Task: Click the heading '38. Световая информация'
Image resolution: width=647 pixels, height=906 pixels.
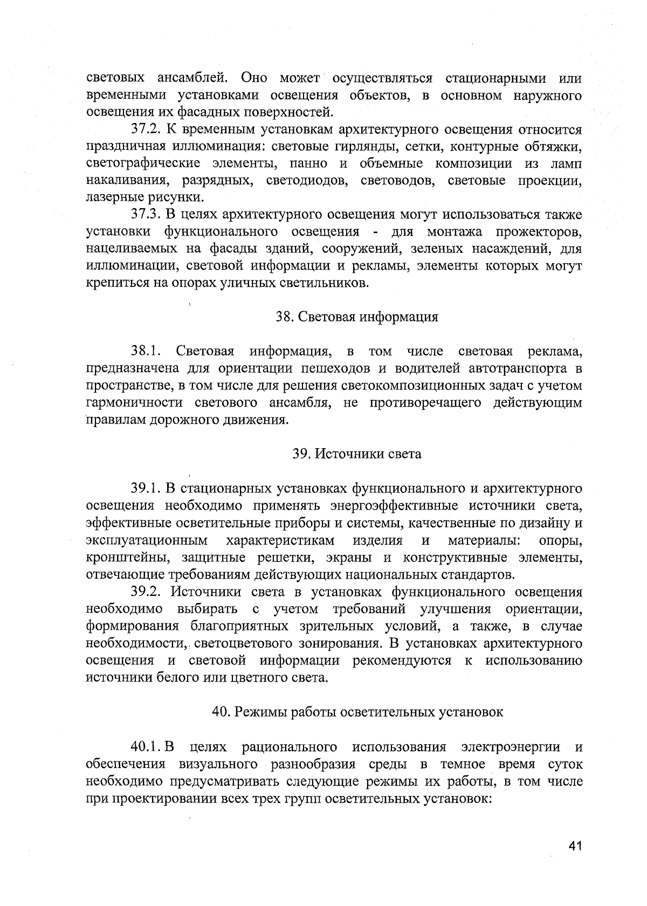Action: (356, 317)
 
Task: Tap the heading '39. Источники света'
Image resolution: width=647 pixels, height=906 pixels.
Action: (356, 454)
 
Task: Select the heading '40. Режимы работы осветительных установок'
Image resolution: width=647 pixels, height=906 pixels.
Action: (357, 712)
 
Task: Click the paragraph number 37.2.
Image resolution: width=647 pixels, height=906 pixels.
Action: (146, 129)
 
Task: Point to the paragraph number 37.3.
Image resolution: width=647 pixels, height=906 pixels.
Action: (146, 215)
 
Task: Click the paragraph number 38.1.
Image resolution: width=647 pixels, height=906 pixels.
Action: (146, 352)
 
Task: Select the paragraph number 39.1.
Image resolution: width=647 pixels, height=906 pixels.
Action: (146, 489)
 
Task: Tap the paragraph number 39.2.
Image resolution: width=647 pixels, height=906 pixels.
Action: (146, 592)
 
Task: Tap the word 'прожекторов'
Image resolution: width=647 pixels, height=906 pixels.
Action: (541, 232)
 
